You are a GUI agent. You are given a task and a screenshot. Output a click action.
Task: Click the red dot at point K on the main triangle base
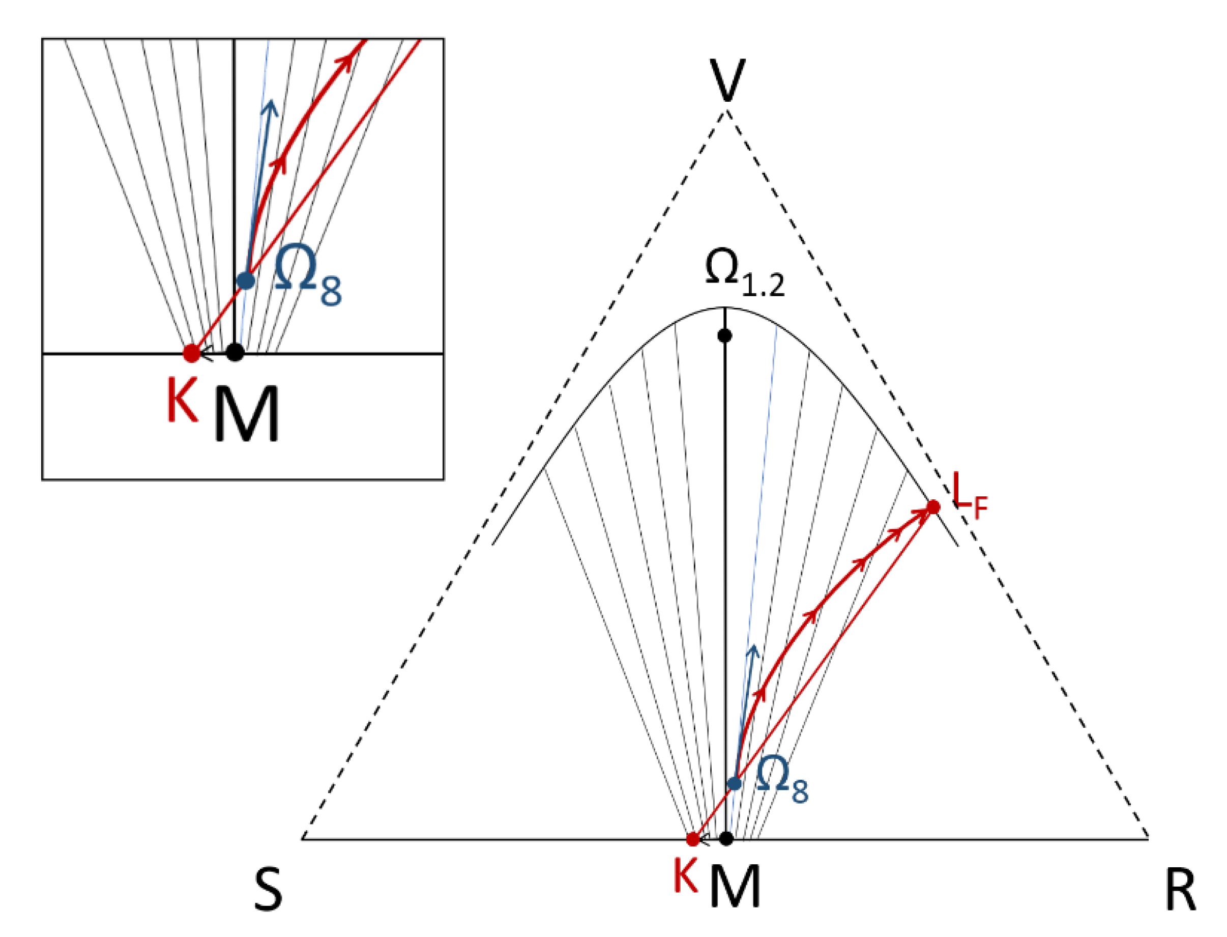pyautogui.click(x=692, y=839)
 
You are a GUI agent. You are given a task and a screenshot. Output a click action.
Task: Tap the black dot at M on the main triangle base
pyautogui.click(x=726, y=838)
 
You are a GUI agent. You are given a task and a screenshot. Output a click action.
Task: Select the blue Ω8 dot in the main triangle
pyautogui.click(x=735, y=784)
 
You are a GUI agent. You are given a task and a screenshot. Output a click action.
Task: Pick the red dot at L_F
pyautogui.click(x=933, y=507)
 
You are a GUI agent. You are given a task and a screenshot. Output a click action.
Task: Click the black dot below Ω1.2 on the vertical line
pyautogui.click(x=725, y=336)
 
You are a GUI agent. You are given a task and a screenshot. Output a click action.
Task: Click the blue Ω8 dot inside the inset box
pyautogui.click(x=246, y=280)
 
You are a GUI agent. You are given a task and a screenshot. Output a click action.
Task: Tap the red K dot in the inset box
pyautogui.click(x=192, y=353)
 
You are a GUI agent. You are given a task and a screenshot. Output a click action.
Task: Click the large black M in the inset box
pyautogui.click(x=247, y=415)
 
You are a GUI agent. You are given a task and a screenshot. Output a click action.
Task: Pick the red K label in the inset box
pyautogui.click(x=182, y=402)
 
